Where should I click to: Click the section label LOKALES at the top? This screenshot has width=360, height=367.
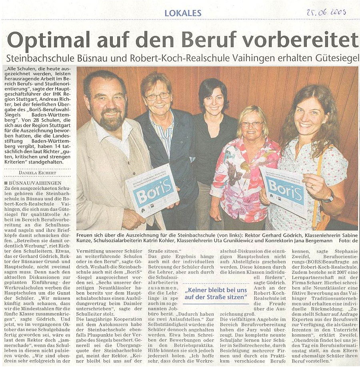click(x=183, y=13)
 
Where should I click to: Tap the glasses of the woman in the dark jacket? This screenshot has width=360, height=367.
click(x=157, y=96)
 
